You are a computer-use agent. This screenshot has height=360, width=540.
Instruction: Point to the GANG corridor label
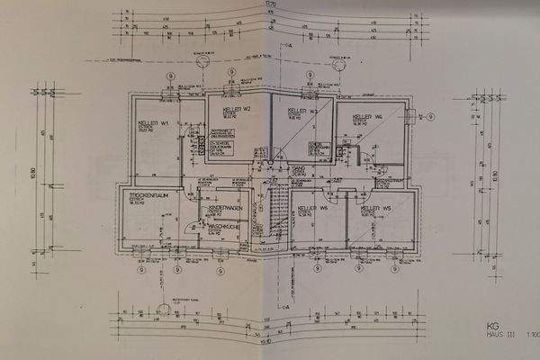[x=299, y=168]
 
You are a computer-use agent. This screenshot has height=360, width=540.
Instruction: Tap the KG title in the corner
[x=491, y=326]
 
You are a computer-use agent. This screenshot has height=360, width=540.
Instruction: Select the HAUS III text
[x=497, y=336]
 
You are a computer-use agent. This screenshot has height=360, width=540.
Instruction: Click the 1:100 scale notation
[x=531, y=336]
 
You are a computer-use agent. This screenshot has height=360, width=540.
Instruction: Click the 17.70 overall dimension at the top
[x=270, y=5]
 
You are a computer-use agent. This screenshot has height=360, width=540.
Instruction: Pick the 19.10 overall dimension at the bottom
[x=265, y=341]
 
